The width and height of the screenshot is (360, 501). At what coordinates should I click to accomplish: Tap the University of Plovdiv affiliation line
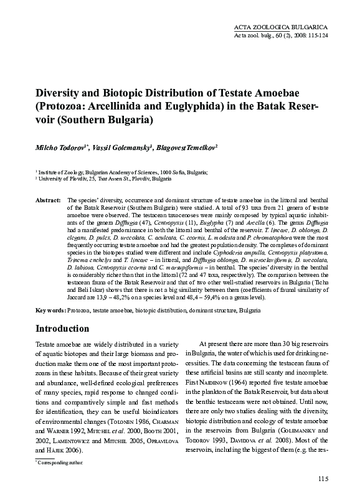[x=96, y=178]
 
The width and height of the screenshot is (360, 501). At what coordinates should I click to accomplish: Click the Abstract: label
[x=47, y=200]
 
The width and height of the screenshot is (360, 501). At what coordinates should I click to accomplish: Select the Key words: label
[x=50, y=309]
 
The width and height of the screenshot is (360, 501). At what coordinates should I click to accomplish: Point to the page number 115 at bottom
[x=323, y=478]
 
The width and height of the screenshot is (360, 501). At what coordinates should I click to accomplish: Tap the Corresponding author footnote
[x=61, y=463]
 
